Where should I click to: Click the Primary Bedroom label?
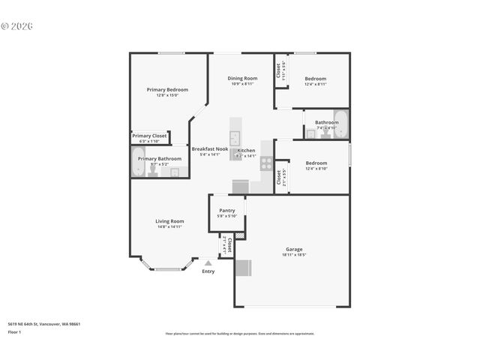point(166,89)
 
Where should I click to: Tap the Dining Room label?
point(242,78)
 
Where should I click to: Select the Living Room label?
point(169,220)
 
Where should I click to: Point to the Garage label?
point(294,249)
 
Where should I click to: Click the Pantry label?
point(226,210)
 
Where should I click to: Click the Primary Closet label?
point(149,136)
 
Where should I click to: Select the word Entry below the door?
point(208,271)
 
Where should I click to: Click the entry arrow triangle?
point(208,262)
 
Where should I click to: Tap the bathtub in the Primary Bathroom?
point(138,161)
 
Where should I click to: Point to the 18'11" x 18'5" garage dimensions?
point(294,255)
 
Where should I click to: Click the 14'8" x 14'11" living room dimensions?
point(169,226)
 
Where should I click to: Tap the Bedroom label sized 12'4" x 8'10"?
point(316,163)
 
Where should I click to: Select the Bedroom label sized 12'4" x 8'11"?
point(315,78)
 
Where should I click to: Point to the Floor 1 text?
point(15,331)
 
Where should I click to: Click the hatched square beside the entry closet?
point(239,236)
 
